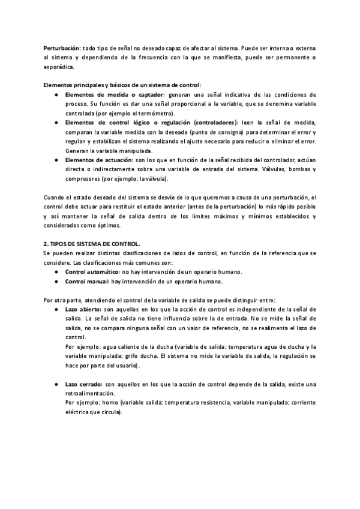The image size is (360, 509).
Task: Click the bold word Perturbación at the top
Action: coord(62,47)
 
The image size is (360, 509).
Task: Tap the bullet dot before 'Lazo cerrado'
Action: coord(55,384)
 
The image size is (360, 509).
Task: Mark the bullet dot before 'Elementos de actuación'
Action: coord(55,160)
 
